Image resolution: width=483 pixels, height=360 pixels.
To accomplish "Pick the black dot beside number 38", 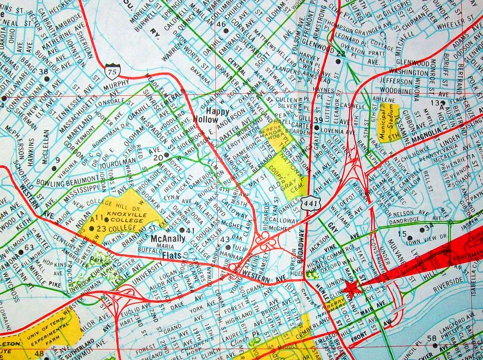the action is click(x=47, y=79).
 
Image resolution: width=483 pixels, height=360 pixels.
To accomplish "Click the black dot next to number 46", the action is click(x=225, y=30).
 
